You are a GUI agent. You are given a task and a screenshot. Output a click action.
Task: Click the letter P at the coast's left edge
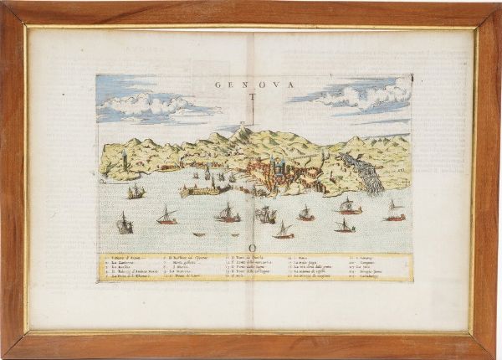(x=102, y=180)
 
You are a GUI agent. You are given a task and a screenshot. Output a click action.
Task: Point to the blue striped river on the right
(x=368, y=172)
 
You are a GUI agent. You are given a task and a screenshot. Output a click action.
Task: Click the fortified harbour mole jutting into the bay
(x=201, y=190)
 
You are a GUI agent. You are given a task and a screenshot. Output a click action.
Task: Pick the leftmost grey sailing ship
(x=125, y=224)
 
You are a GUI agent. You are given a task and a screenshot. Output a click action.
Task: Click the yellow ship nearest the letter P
(x=136, y=193)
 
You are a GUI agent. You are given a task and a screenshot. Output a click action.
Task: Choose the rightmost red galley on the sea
(x=394, y=213)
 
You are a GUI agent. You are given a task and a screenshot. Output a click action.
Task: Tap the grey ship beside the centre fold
(x=266, y=215)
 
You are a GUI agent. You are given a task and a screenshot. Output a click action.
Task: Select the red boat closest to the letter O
(x=284, y=231)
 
